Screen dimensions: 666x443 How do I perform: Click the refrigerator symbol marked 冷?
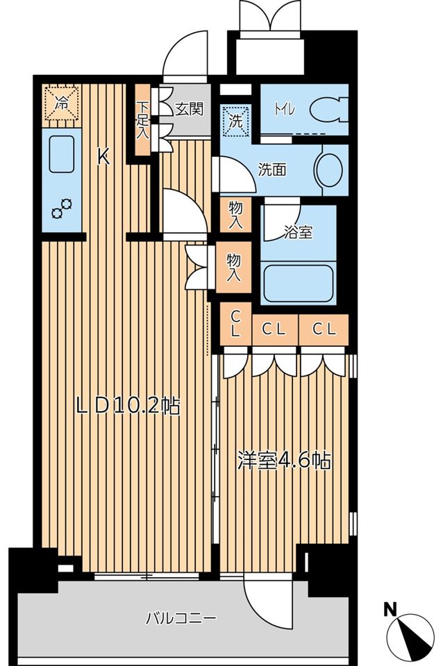pyautogui.click(x=62, y=103)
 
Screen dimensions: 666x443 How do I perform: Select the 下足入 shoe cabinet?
pyautogui.click(x=142, y=121)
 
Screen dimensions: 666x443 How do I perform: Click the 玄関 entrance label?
pyautogui.click(x=189, y=109)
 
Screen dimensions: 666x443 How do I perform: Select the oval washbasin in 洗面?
pyautogui.click(x=328, y=169)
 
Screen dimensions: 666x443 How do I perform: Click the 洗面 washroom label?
pyautogui.click(x=272, y=169)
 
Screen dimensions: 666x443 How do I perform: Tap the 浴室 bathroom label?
pyautogui.click(x=298, y=231)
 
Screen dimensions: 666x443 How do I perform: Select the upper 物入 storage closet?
pyautogui.click(x=235, y=216)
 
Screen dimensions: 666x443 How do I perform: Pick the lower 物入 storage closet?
pyautogui.click(x=234, y=267)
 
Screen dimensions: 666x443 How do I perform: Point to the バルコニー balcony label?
pyautogui.click(x=182, y=617)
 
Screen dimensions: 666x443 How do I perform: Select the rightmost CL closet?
pyautogui.click(x=324, y=330)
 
